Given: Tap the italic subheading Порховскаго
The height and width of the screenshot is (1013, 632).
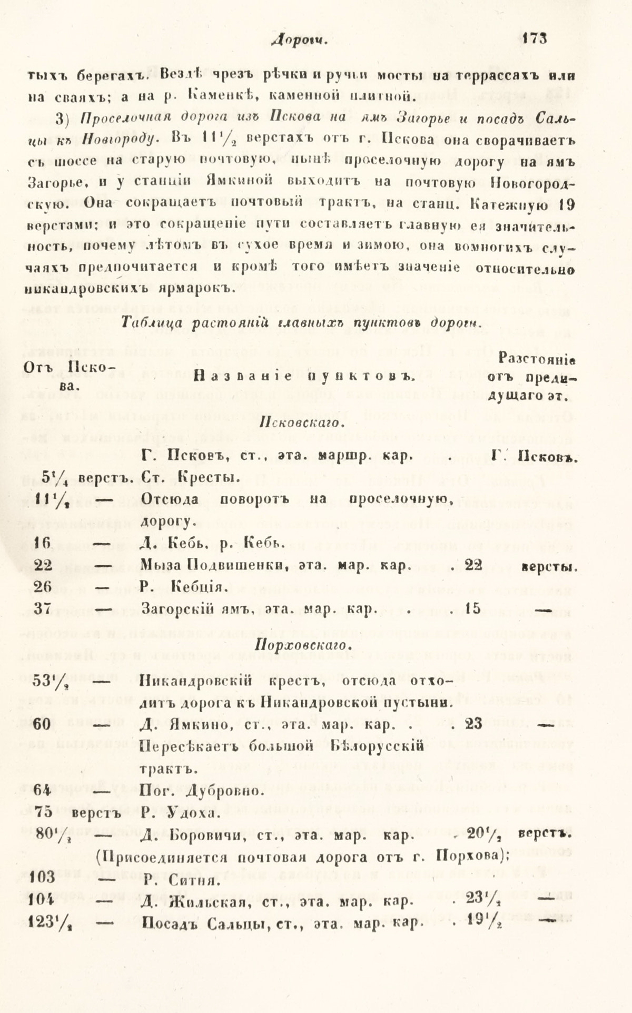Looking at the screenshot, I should tap(301, 645).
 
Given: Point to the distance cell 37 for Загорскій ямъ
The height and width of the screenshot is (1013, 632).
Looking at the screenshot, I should tap(42, 608).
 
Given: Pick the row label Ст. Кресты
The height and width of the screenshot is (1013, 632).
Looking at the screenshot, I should tap(191, 478).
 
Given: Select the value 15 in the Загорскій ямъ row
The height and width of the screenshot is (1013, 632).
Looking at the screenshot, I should tap(473, 608).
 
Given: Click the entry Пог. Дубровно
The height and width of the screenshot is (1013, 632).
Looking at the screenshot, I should tap(200, 791).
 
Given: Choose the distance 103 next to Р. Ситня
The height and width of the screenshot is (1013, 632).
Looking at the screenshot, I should tap(44, 878).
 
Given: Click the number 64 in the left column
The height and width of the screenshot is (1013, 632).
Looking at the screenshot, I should tap(42, 791).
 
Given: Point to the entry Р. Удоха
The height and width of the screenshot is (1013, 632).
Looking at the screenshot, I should tap(180, 813).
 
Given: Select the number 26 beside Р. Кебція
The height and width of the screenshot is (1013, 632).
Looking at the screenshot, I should tap(42, 586).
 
